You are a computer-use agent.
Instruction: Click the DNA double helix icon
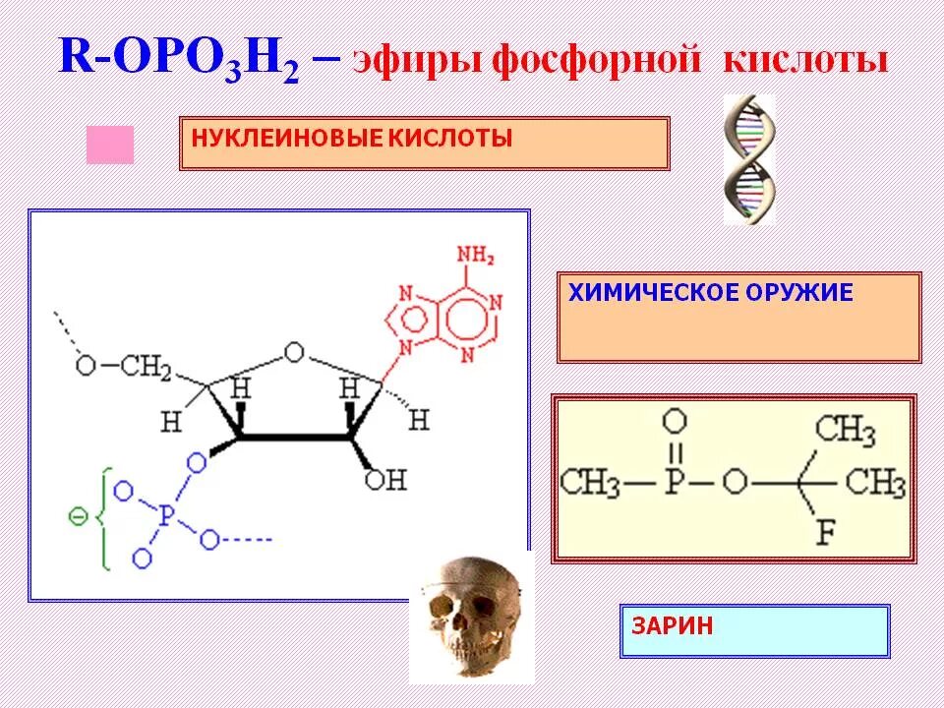pos(749,159)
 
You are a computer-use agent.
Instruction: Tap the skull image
pos(471,619)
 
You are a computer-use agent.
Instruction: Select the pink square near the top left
pos(109,145)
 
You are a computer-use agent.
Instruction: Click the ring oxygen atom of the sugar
pos(292,351)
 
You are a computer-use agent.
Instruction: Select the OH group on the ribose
pos(384,479)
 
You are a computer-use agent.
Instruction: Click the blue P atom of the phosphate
pos(164,513)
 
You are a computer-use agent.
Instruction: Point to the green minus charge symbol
pos(75,513)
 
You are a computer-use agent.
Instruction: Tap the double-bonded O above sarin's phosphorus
pos(674,423)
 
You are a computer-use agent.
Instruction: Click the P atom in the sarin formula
pos(674,483)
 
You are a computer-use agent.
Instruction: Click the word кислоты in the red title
pos(806,60)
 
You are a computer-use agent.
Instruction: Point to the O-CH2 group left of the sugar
pos(123,366)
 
